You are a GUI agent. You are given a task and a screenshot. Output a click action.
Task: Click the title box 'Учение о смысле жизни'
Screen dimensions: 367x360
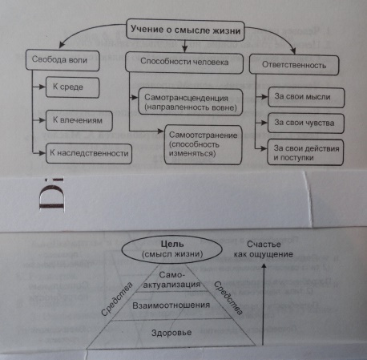[185, 30]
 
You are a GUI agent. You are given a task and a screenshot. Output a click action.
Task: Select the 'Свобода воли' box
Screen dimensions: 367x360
[63, 60]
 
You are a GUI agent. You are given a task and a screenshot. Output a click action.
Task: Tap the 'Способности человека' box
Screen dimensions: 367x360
[184, 63]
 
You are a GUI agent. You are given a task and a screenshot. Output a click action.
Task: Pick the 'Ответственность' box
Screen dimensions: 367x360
[294, 65]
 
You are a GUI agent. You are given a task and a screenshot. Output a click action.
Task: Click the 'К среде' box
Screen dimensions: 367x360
[73, 87]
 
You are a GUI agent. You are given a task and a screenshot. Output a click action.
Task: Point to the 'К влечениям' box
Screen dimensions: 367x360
[79, 120]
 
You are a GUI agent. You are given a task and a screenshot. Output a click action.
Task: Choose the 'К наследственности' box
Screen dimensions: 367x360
[89, 153]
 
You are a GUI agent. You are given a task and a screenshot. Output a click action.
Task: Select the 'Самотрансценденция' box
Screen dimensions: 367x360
[191, 102]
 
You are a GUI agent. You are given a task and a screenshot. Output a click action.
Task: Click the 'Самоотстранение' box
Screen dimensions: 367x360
[203, 144]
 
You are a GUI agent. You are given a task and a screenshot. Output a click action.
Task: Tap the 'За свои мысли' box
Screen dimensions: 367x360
[306, 97]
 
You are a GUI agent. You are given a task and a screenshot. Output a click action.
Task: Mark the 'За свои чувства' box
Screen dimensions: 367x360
[305, 123]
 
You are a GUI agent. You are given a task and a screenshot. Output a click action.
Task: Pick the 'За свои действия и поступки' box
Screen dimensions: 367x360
[305, 152]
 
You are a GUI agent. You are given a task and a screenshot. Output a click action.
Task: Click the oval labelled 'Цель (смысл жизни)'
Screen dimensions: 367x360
[171, 249]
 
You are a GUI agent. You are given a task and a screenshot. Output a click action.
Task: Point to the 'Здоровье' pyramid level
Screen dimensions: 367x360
[171, 334]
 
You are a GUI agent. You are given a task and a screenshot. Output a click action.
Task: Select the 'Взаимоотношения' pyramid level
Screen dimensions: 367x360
[171, 305]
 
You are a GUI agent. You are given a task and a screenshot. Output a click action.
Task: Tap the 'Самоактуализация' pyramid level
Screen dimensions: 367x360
[172, 280]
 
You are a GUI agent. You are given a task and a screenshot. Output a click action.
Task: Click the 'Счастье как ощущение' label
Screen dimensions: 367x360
[264, 249]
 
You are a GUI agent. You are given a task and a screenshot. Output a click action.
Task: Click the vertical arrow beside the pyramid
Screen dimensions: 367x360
[264, 304]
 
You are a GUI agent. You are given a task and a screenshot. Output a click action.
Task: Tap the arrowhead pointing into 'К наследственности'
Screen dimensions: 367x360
[42, 153]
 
